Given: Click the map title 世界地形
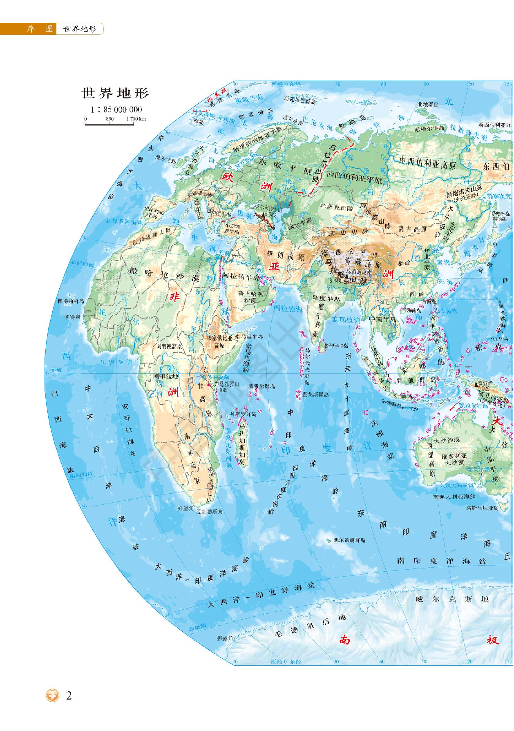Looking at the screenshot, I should coord(115,93).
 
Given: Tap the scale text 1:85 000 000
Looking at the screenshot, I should coord(116,109).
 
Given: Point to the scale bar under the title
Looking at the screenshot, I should coord(109,123).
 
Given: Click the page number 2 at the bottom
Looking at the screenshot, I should coord(69,696).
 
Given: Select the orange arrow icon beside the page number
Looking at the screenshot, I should coord(52,695).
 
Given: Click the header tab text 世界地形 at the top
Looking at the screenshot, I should coord(80,29).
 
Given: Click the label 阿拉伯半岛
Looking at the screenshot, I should coord(241,277).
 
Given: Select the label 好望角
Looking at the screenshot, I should coord(185,508).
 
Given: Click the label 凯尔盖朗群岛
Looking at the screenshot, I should coord(349,540).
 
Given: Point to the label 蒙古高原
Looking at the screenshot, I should coord(412,229).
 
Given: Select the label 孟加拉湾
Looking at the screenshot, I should coord(346,319).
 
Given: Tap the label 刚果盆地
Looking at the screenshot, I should coord(165,376).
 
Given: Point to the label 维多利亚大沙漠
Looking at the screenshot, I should coord(454,459).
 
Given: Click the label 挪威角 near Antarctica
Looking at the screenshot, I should coord(225,638).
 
